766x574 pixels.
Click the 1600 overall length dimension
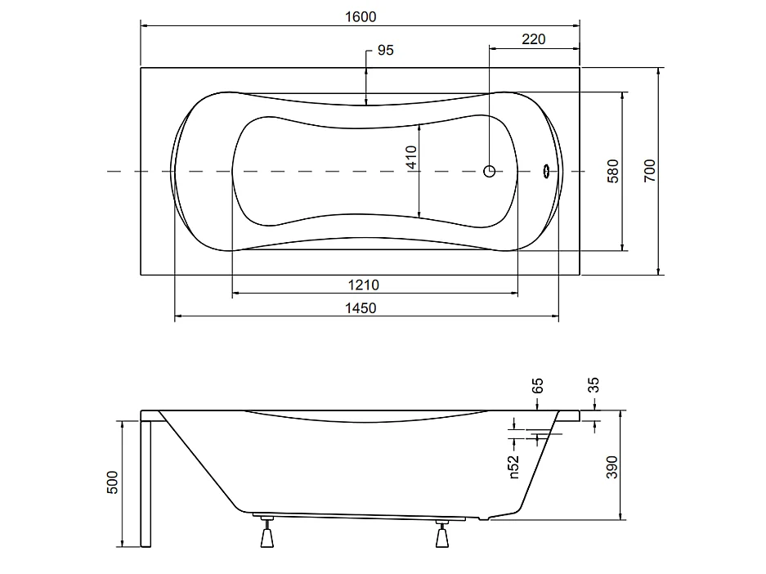click(361, 17)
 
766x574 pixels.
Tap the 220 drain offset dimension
click(534, 39)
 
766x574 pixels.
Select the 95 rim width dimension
click(385, 51)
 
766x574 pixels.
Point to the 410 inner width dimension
click(411, 157)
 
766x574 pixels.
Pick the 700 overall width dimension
click(649, 171)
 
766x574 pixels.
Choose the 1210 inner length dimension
click(363, 285)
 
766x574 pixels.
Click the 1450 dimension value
click(361, 308)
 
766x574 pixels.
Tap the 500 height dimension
click(112, 482)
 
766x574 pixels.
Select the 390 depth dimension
click(611, 467)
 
